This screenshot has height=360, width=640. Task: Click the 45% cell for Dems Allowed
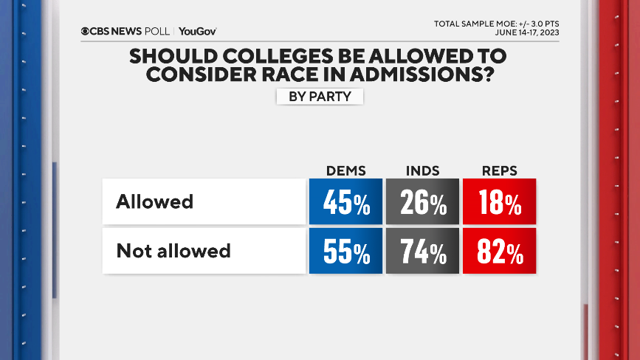(345, 201)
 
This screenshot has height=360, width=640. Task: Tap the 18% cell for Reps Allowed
(499, 201)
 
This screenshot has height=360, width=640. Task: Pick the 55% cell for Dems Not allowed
(345, 251)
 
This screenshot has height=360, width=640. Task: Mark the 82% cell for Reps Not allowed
(499, 251)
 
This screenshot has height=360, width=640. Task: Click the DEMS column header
(345, 170)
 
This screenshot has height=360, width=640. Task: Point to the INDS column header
(422, 170)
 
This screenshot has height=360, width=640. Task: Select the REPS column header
(498, 170)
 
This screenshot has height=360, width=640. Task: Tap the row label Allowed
(154, 201)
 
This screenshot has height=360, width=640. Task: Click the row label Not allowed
(173, 251)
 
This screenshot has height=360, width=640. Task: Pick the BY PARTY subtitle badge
(320, 97)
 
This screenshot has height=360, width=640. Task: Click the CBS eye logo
(86, 31)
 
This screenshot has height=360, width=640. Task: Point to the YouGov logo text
(197, 31)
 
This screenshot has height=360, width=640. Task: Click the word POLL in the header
(157, 31)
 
